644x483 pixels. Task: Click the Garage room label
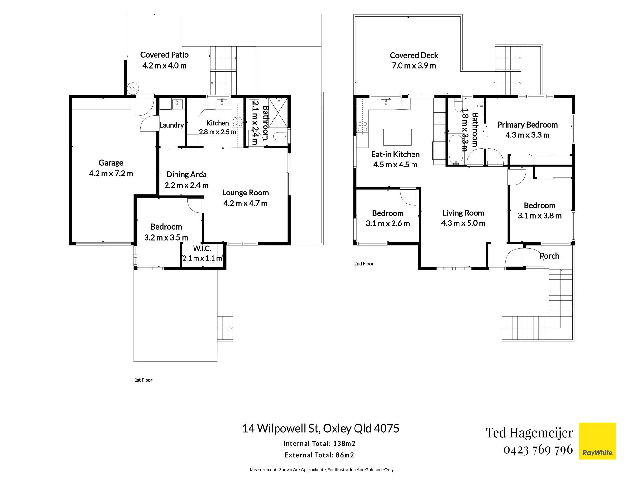111,163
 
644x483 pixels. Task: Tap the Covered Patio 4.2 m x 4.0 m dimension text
164,66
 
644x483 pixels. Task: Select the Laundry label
171,125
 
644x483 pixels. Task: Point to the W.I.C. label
202,248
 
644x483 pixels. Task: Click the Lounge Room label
245,193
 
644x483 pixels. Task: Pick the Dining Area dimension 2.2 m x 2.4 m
186,185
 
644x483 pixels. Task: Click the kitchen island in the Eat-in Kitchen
397,137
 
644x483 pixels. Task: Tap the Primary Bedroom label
527,125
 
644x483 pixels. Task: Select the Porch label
549,256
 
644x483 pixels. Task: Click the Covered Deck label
414,55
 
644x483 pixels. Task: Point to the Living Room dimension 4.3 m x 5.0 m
463,223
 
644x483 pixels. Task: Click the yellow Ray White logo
597,441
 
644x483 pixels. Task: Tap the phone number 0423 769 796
538,450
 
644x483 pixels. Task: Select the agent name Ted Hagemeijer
530,433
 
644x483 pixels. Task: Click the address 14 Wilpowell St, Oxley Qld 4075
321,429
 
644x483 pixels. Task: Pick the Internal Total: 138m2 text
319,444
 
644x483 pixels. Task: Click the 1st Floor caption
143,380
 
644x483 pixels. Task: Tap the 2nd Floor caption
364,264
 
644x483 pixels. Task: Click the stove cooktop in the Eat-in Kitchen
363,127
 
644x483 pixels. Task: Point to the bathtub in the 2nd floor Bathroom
456,149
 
